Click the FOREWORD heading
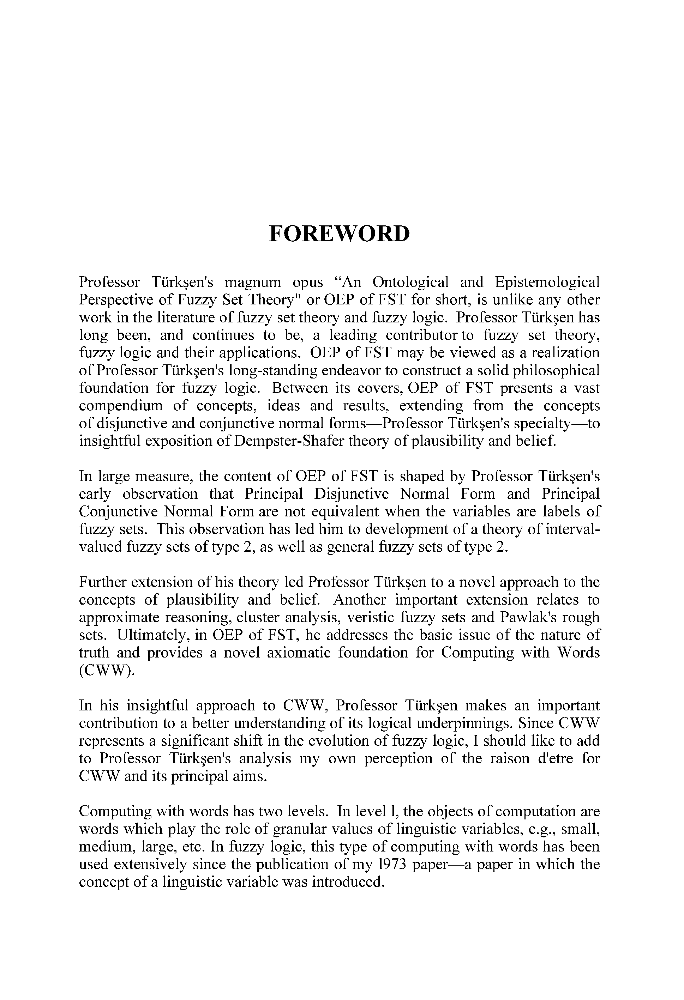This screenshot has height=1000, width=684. click(339, 234)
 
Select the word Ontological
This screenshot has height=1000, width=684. click(411, 282)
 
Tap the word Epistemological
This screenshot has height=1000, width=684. click(547, 282)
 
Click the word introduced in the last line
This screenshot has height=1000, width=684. click(348, 882)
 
